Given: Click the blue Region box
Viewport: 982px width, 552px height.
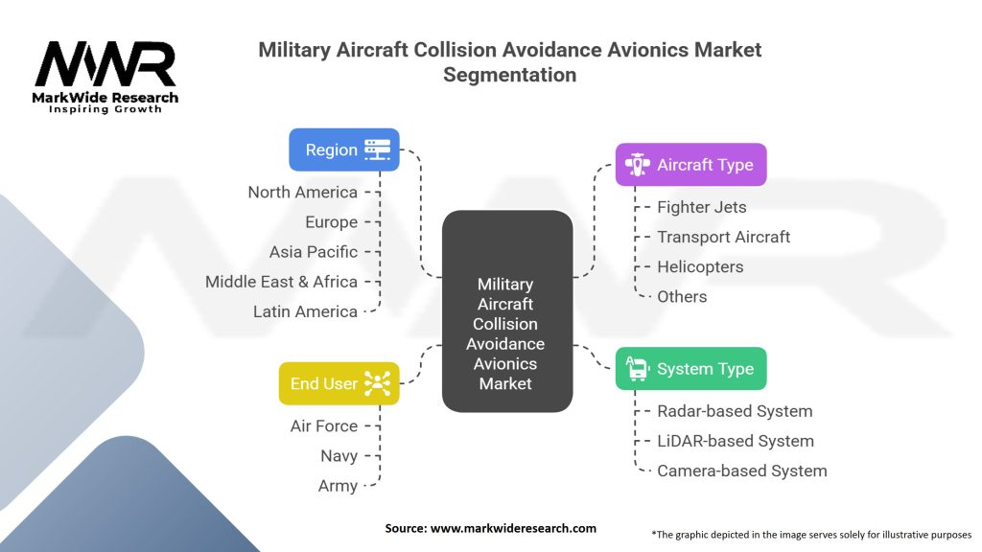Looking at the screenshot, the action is [x=344, y=149].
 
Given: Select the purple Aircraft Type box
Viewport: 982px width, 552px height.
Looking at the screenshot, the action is [x=690, y=165].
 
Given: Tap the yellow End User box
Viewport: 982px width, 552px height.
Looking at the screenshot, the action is [x=339, y=383].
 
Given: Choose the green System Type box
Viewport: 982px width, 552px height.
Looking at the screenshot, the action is [x=690, y=369].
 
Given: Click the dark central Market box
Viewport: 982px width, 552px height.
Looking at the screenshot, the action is [x=507, y=311].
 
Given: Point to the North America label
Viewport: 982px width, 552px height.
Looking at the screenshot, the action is [x=302, y=192].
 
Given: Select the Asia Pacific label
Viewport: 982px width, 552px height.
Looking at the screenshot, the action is [x=314, y=252].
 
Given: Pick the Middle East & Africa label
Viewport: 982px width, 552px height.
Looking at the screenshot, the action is [x=281, y=282].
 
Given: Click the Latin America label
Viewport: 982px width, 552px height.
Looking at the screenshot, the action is [x=305, y=311].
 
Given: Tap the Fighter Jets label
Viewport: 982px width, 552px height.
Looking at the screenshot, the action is [x=701, y=207].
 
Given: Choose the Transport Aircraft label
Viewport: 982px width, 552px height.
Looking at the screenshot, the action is [x=723, y=238].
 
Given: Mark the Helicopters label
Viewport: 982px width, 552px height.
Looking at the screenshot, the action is [x=700, y=267].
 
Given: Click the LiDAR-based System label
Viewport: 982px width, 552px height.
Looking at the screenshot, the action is [x=736, y=441].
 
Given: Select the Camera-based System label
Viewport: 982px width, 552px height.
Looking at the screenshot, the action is [x=742, y=471].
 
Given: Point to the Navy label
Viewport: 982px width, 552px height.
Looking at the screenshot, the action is [x=339, y=456].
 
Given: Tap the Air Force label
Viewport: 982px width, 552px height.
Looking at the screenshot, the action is [x=324, y=426].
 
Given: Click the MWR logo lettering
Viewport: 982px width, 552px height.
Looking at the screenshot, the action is [x=105, y=64].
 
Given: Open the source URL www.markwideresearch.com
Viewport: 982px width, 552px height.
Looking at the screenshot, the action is [x=514, y=528].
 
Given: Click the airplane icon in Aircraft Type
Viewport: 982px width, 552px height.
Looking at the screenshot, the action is [x=638, y=165].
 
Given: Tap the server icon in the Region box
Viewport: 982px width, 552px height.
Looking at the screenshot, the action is [x=377, y=149].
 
